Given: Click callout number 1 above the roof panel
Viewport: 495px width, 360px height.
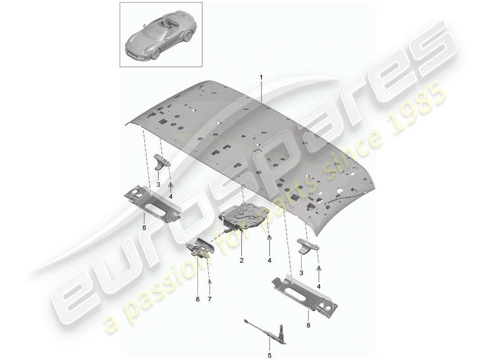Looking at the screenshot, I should point(261,77).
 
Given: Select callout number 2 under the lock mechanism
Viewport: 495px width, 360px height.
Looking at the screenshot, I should point(241,260).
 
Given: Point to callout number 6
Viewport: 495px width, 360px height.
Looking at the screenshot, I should point(197,298).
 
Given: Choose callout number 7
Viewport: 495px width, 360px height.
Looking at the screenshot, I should point(210,298).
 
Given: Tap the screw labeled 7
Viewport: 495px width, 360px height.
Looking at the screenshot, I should point(210,282).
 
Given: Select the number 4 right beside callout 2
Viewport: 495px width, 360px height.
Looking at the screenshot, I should point(269,260).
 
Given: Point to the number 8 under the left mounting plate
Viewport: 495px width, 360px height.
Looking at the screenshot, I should point(144,228).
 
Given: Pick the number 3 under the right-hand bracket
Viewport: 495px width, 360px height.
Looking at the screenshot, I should point(301,272).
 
